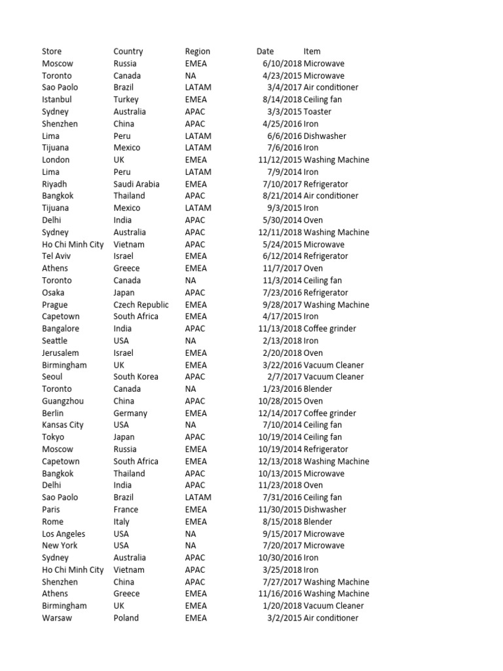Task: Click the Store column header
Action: pos(52,51)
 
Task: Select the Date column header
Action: pos(265,51)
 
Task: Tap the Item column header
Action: pos(312,51)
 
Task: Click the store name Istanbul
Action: pos(57,100)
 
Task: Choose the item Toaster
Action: pos(318,111)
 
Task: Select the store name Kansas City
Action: pos(63,425)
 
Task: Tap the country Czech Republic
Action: pos(141,305)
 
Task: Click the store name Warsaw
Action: pos(56,618)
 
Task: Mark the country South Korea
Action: pos(136,377)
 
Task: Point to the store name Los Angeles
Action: pos(64,533)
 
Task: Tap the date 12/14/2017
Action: pos(280,413)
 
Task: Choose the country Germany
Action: pos(130,413)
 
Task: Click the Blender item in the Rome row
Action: pos(318,522)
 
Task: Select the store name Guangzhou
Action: pos(63,401)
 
